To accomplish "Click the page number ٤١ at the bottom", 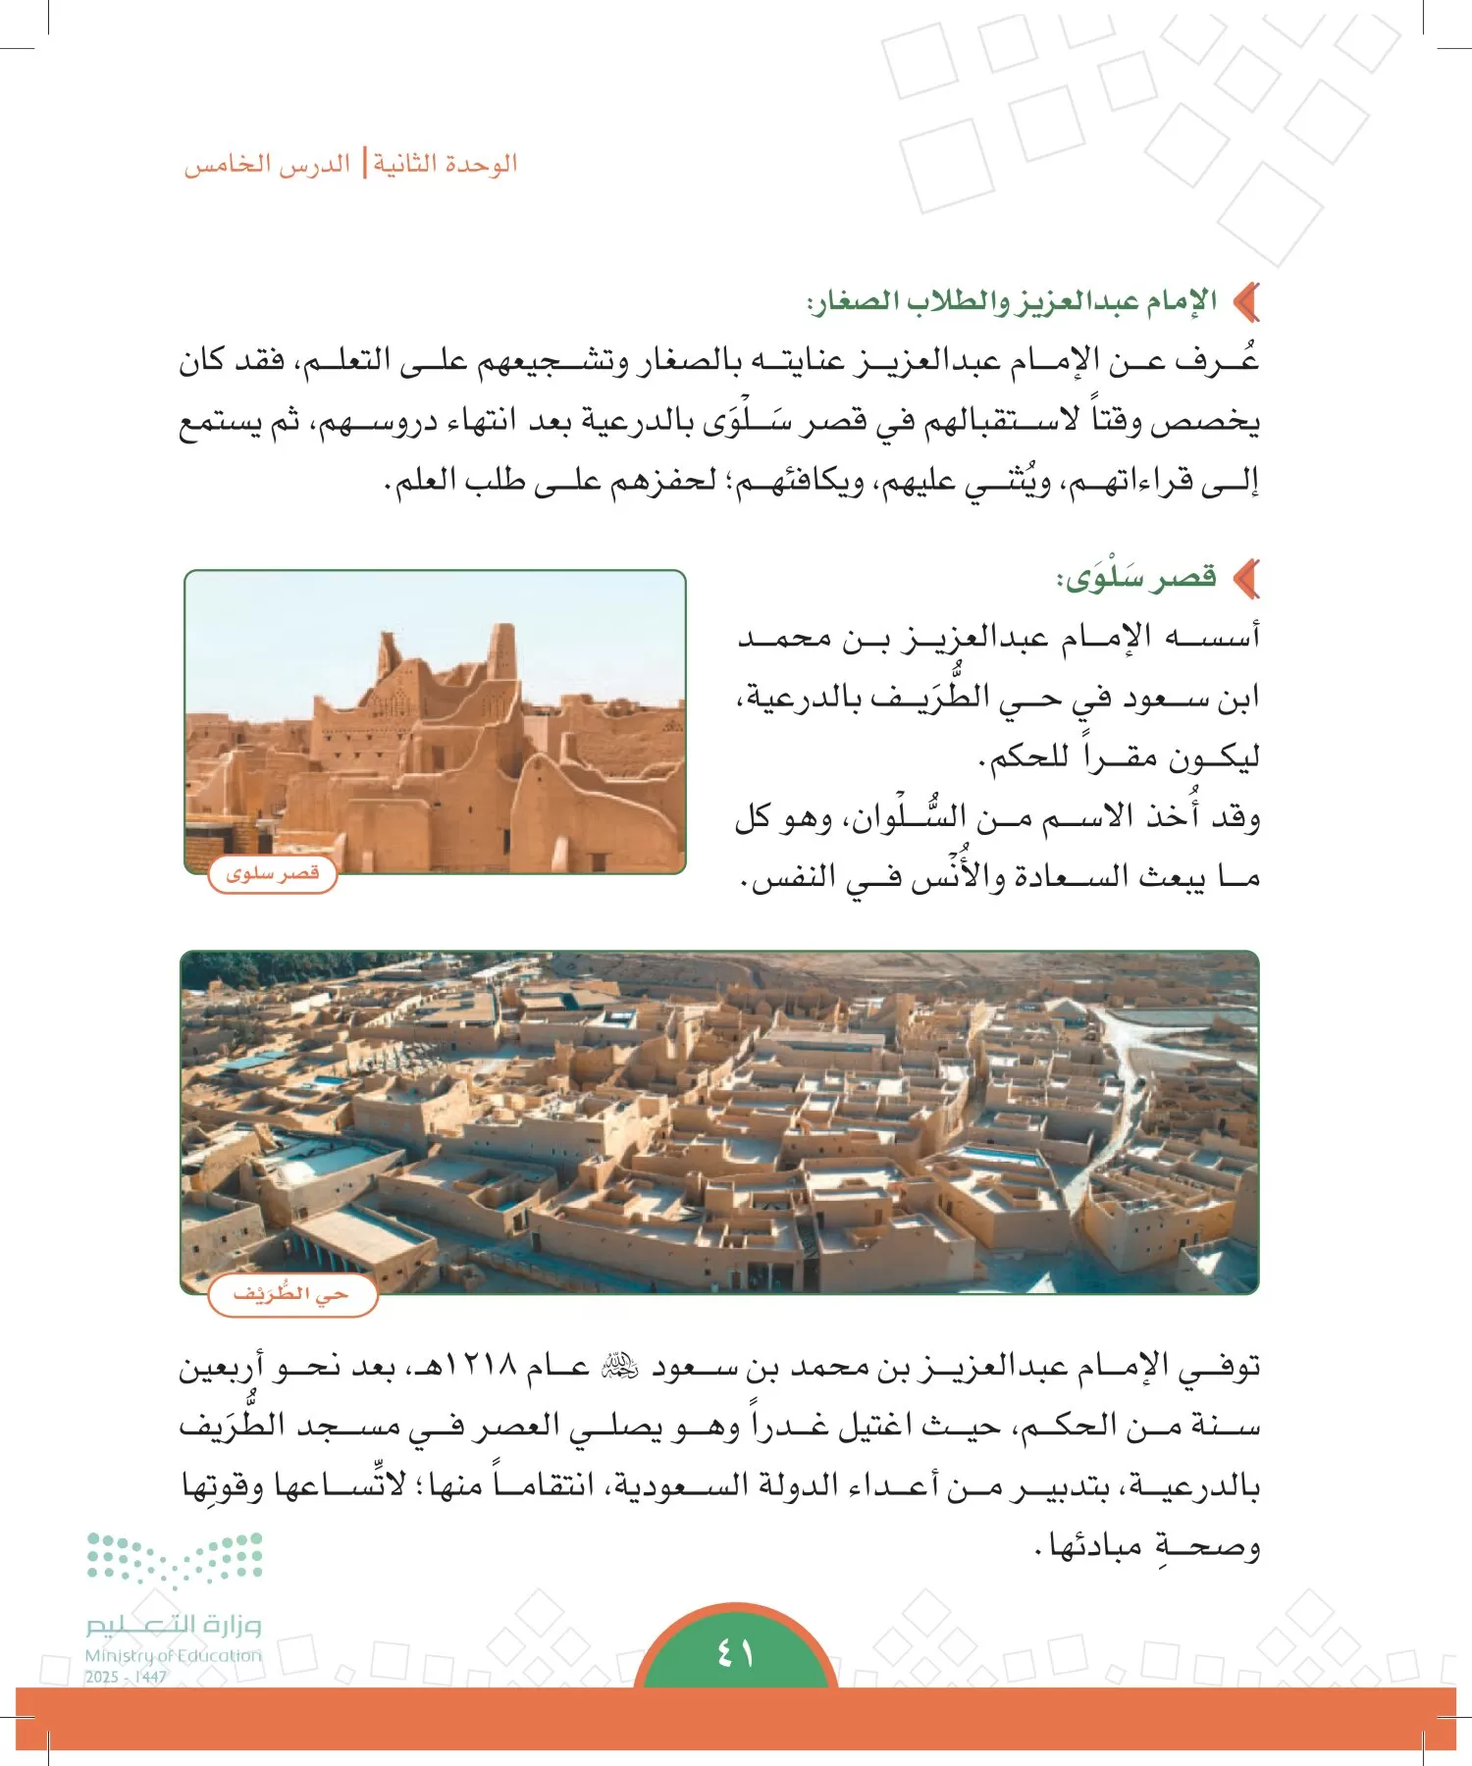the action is pyautogui.click(x=735, y=1654).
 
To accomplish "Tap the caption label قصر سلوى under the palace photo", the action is pyautogui.click(x=272, y=873).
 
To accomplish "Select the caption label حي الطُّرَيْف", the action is pyautogui.click(x=291, y=1294).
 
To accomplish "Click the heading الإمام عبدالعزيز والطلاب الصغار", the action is pyautogui.click(x=1012, y=300).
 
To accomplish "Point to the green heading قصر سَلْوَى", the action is pyautogui.click(x=1138, y=578).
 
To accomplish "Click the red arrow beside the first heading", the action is pyautogui.click(x=1246, y=301).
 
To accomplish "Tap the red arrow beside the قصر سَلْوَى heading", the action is pyautogui.click(x=1246, y=579).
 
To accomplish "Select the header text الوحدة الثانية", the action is pyautogui.click(x=445, y=164).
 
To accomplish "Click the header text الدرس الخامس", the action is pyautogui.click(x=268, y=164).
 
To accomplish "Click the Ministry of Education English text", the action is pyautogui.click(x=174, y=1655).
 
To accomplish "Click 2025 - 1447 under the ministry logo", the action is pyautogui.click(x=126, y=1677).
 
